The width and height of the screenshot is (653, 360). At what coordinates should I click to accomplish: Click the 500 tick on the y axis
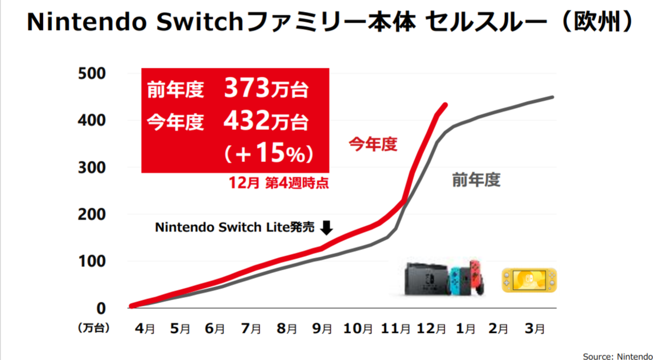(94, 73)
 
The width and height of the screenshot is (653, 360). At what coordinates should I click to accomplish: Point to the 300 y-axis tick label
(94, 167)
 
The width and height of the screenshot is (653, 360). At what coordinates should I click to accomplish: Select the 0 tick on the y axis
(102, 308)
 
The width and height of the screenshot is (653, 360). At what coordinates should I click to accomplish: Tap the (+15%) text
(268, 154)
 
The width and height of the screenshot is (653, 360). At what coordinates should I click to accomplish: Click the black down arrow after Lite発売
(326, 227)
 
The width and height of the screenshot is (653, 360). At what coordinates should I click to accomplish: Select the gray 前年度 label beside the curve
(476, 180)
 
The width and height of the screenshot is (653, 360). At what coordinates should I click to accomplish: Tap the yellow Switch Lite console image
(529, 280)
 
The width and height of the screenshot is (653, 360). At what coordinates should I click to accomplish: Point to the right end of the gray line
(552, 97)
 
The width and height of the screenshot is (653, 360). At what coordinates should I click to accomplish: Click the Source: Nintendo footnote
(617, 356)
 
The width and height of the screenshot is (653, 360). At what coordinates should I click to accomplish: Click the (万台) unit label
(94, 328)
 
